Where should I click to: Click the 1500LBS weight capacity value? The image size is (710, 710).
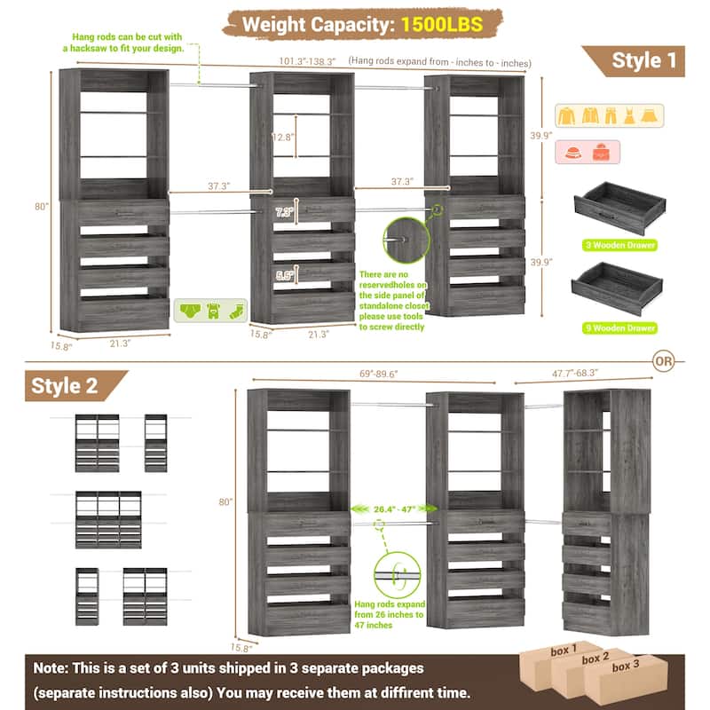[440, 22]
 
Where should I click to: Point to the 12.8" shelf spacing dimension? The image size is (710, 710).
[283, 138]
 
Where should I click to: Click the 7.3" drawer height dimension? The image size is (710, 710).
[284, 212]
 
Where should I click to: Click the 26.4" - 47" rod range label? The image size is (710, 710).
[395, 509]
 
